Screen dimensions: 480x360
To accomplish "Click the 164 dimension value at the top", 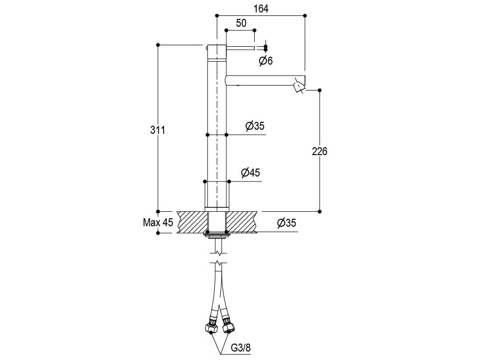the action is pyautogui.click(x=261, y=8).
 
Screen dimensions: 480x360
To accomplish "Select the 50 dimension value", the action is pyautogui.click(x=241, y=23).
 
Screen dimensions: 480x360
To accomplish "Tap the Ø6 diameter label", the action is pyautogui.click(x=266, y=61).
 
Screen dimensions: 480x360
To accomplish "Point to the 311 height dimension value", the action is pyautogui.click(x=158, y=130).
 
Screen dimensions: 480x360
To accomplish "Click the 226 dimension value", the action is pyautogui.click(x=320, y=151).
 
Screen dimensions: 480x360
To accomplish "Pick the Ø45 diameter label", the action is pyautogui.click(x=250, y=173).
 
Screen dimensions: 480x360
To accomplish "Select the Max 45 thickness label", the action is pyautogui.click(x=158, y=222).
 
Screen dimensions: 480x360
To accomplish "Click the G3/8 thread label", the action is pyautogui.click(x=241, y=348).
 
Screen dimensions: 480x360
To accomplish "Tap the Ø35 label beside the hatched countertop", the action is pyautogui.click(x=287, y=223).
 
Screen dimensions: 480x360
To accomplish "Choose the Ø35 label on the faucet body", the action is pyautogui.click(x=255, y=126).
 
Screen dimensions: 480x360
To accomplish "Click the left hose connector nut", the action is pyautogui.click(x=210, y=326).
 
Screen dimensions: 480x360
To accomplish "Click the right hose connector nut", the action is pyautogui.click(x=228, y=326).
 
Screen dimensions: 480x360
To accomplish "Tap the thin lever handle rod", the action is pyautogui.click(x=240, y=48).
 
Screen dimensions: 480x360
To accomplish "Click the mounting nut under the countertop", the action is pyautogui.click(x=217, y=235).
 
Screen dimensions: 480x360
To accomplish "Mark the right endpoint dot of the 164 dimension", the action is pyautogui.click(x=304, y=15).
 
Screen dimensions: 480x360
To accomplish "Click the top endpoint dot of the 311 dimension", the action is pyautogui.click(x=158, y=45).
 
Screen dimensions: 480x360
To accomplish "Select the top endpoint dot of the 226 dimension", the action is pyautogui.click(x=320, y=90).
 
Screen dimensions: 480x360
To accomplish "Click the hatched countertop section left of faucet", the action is pyautogui.click(x=192, y=222).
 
